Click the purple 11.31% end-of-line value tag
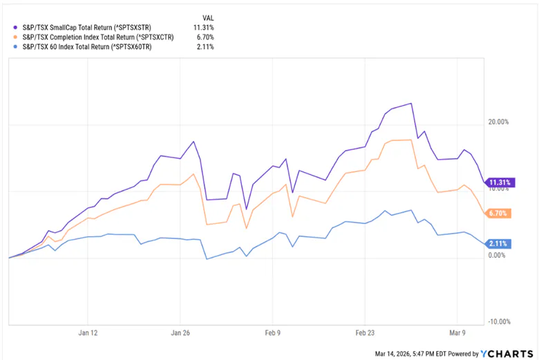(498, 183)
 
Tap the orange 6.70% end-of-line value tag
(498, 214)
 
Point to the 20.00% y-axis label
(498, 122)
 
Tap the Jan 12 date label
(88, 332)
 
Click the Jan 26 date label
(180, 332)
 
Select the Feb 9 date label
(273, 332)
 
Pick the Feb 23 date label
(366, 332)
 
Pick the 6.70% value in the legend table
(205, 37)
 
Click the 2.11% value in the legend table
(205, 47)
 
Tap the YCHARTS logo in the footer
(509, 354)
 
